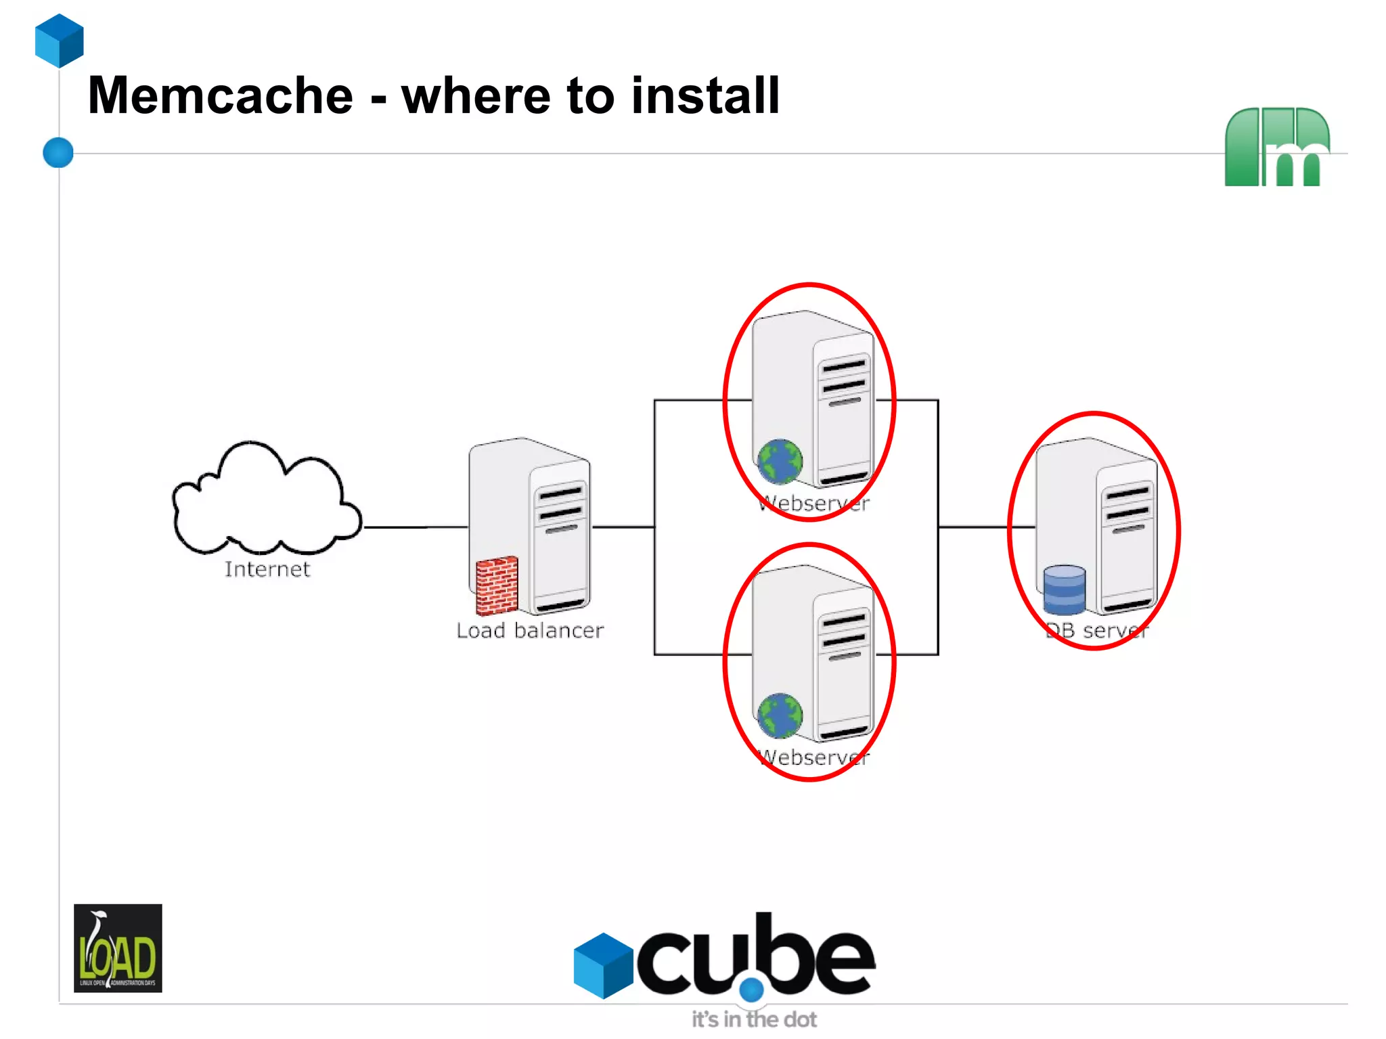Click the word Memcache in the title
(x=220, y=95)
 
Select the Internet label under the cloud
(x=267, y=569)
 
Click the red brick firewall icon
(x=497, y=585)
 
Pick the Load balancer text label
(x=529, y=631)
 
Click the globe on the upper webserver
(x=780, y=462)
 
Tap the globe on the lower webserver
(x=780, y=715)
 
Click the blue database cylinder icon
(x=1064, y=590)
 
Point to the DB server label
(x=1096, y=631)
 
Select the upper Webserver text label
(x=813, y=504)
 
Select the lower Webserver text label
(x=813, y=757)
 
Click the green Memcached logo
(x=1276, y=147)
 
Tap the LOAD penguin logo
(x=118, y=948)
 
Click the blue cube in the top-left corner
(x=60, y=41)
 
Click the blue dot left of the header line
(x=58, y=152)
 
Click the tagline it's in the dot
(x=754, y=1019)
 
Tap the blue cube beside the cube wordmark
(x=603, y=965)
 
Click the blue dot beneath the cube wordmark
(x=751, y=990)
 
